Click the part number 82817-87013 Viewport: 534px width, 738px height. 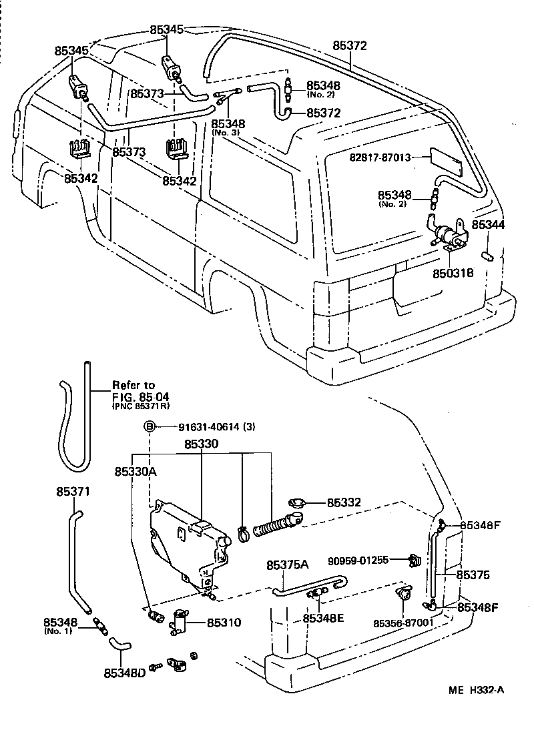[x=378, y=157]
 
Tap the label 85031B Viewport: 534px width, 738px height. [x=453, y=272]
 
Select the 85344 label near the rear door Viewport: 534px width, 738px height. [x=488, y=226]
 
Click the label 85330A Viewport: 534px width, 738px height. [x=135, y=471]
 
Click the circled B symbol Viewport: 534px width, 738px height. [x=150, y=426]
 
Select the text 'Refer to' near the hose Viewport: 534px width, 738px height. [x=133, y=385]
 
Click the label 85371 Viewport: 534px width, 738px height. [x=71, y=492]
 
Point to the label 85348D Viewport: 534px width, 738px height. [x=124, y=673]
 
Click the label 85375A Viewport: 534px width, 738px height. [x=288, y=565]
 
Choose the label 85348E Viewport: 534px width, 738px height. [x=323, y=618]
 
